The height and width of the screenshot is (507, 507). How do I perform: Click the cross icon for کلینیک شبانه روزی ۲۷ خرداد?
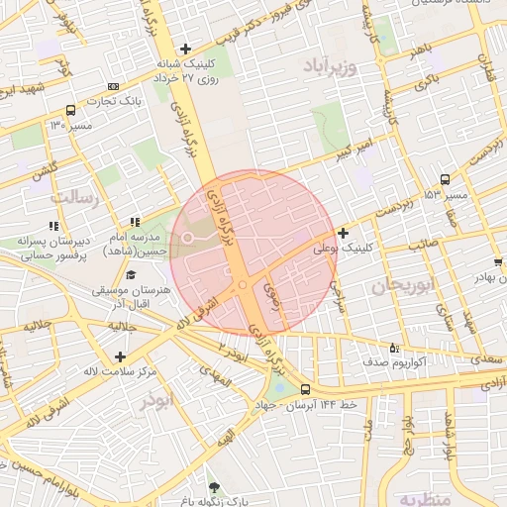184,49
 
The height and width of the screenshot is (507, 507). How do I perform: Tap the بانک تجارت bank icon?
113,86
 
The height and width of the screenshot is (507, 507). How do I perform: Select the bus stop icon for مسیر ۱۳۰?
70,111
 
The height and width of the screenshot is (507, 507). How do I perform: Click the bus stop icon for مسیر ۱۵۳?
445,180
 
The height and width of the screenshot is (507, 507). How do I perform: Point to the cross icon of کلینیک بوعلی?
343,234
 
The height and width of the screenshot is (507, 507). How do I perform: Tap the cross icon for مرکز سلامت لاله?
120,356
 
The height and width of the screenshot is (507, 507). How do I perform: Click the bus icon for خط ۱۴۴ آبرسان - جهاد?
305,389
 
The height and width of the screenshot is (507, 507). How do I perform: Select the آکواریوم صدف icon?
394,348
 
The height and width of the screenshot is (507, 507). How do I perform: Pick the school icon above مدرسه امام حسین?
135,222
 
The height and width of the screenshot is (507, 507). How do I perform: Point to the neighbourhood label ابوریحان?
403,287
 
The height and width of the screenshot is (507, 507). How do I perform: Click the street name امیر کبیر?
355,150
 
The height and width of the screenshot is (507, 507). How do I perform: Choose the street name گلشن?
44,171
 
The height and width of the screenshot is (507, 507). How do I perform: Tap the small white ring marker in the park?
187,238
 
